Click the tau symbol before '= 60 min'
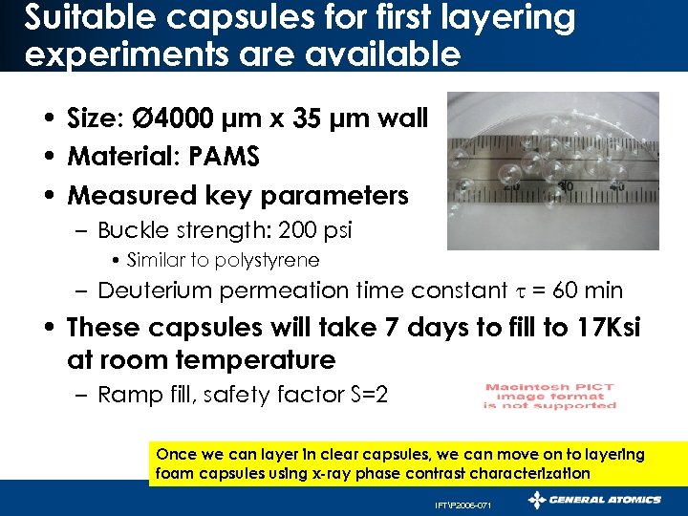520,291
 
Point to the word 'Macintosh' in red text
520,387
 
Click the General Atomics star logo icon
538,500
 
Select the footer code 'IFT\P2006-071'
462,504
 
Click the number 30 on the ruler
568,185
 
